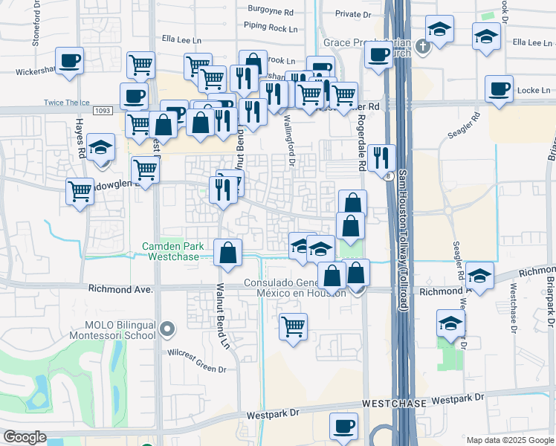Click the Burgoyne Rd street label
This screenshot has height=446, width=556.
[x=268, y=13]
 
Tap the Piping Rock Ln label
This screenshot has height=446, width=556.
[x=271, y=27]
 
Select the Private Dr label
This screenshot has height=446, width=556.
[x=352, y=13]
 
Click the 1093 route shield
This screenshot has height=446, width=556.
[x=103, y=110]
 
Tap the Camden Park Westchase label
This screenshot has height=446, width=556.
[x=174, y=251]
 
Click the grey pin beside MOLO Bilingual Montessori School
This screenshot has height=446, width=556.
[x=167, y=327]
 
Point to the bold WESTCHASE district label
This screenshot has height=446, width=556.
[x=394, y=403]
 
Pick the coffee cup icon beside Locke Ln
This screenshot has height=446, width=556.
[x=498, y=89]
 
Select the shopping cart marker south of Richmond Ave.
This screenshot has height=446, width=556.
[x=294, y=326]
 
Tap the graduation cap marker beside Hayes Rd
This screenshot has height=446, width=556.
[x=100, y=147]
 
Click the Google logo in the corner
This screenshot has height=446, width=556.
[x=25, y=437]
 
